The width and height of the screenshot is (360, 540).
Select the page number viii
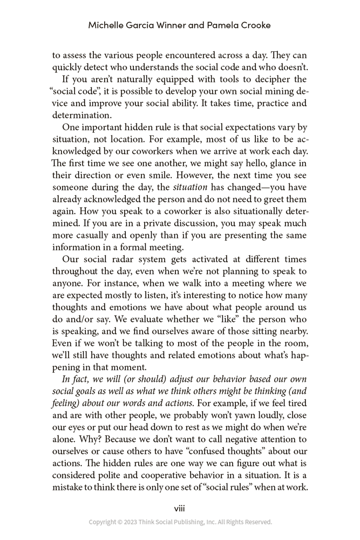click(180, 508)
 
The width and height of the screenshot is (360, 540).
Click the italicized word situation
click(190, 187)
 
